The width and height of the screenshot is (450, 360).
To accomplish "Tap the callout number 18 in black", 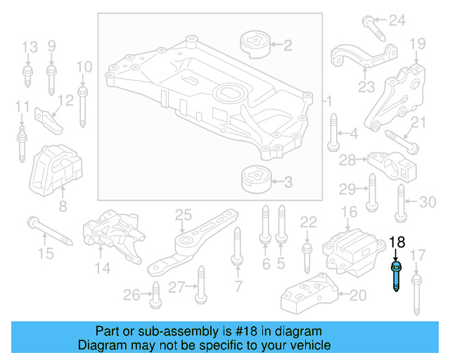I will (397, 242).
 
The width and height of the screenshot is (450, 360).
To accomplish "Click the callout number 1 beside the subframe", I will (328, 103).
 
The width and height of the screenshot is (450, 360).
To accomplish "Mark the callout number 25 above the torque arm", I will (183, 214).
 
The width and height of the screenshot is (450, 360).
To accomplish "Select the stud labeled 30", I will (400, 202).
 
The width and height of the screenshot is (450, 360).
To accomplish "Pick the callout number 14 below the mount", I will (103, 268).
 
